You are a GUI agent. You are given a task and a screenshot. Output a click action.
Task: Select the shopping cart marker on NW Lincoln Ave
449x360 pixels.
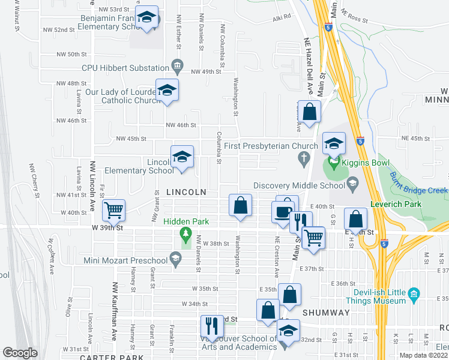(x=113, y=210)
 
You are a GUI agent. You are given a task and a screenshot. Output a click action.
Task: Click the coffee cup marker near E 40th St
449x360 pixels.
(x=282, y=211)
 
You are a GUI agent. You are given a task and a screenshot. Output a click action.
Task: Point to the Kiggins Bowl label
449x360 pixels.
(x=366, y=163)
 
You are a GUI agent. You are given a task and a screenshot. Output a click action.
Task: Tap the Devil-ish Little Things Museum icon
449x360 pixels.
(x=413, y=294)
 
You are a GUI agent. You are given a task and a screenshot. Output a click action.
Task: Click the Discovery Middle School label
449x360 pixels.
(x=300, y=185)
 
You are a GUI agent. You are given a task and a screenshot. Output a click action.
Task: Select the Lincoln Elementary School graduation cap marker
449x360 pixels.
(x=182, y=157)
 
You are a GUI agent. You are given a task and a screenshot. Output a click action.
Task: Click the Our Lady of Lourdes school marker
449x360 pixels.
(x=167, y=91)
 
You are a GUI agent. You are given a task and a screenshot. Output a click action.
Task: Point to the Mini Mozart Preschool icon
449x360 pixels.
(x=175, y=260)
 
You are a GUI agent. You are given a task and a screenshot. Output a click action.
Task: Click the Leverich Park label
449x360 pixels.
(x=396, y=204)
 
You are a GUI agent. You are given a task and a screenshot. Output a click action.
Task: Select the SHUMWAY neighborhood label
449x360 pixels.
(x=326, y=313)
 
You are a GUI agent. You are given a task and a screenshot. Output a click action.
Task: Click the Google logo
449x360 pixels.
(x=20, y=352)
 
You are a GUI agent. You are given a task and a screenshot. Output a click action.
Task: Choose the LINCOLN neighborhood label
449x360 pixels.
(x=186, y=192)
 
